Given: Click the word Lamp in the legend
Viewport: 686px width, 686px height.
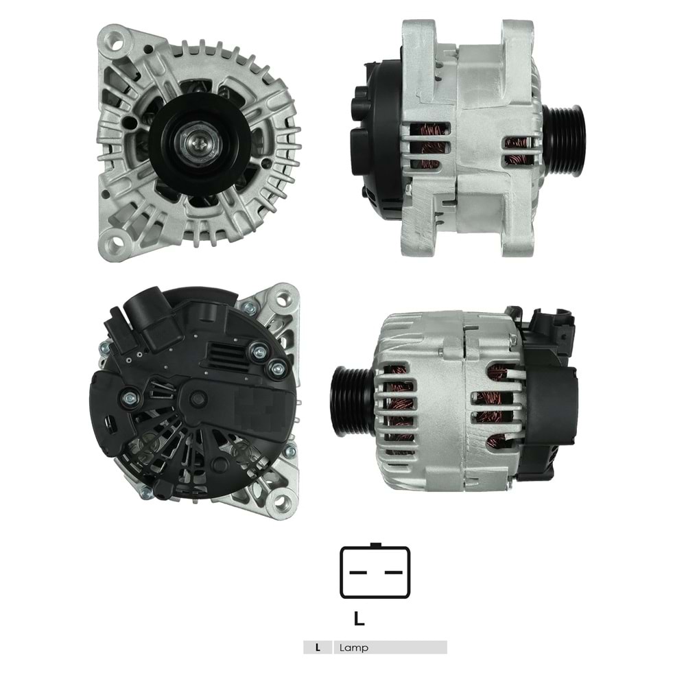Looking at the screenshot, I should (x=353, y=648).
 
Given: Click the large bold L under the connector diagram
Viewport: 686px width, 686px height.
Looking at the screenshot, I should (x=359, y=619).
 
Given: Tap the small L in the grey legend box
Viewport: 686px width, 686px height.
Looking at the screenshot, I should (x=317, y=648).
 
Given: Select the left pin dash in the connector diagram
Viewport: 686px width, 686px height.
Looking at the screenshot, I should (x=357, y=571).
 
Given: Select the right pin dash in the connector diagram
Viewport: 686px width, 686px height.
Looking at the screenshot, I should (x=392, y=571).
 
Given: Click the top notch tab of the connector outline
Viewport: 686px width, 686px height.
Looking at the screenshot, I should (x=375, y=545).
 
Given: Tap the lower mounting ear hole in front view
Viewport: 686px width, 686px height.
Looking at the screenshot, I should (x=115, y=241).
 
